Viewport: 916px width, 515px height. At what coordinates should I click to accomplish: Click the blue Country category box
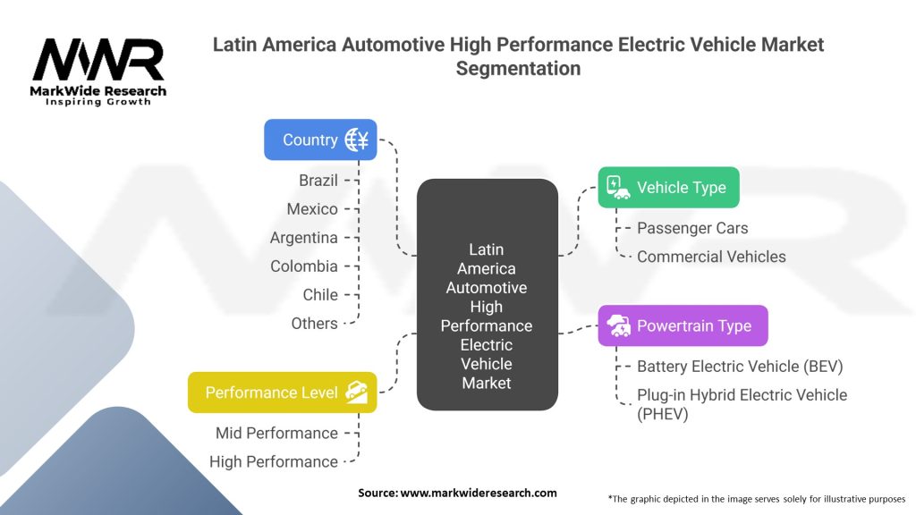(319, 139)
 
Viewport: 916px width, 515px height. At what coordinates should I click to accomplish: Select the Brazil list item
(318, 181)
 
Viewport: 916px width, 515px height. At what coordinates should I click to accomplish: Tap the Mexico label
(312, 209)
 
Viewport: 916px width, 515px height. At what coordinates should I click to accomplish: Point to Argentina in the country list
(304, 238)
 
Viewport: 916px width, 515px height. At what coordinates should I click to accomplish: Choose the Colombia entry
(304, 266)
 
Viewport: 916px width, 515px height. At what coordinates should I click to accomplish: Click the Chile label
(320, 295)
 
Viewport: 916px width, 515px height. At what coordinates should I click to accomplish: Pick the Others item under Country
(315, 324)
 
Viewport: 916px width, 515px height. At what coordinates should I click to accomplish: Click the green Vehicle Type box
(668, 188)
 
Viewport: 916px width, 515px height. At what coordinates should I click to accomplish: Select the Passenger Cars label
(692, 228)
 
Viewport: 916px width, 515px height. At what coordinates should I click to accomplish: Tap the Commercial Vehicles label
(711, 257)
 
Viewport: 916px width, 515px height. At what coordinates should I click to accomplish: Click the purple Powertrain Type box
(683, 325)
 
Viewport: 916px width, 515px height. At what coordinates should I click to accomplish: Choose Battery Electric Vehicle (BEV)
(740, 367)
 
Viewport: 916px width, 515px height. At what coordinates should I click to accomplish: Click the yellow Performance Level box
(282, 393)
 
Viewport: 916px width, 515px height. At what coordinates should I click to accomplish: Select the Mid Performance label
(276, 434)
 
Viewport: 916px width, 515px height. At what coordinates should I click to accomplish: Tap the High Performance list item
(274, 462)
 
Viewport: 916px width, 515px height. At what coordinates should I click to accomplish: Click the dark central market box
(487, 295)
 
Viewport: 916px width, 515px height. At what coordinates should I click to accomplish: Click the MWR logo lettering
(98, 61)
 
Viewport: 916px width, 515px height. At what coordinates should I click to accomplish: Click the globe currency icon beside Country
(357, 139)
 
